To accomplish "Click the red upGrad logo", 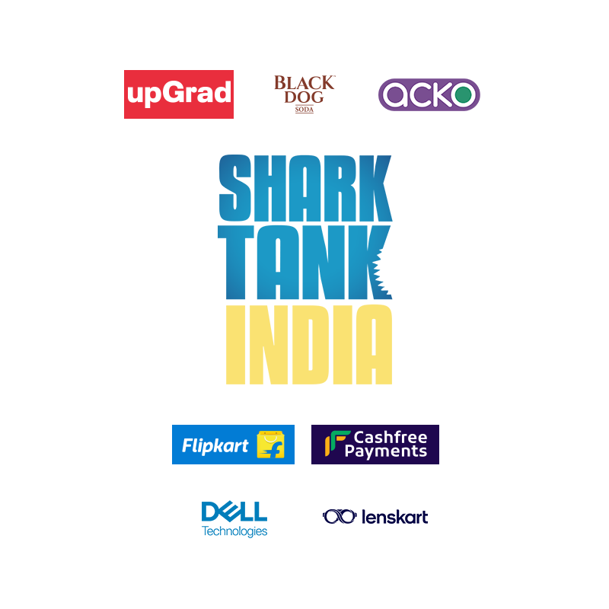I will click(x=179, y=94).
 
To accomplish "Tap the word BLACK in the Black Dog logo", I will click(x=304, y=83).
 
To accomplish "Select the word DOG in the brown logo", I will click(x=304, y=98).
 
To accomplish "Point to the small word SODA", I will click(x=304, y=110).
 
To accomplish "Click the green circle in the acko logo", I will click(x=461, y=95).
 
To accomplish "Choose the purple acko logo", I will click(x=429, y=95).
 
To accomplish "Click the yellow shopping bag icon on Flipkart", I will click(x=270, y=445).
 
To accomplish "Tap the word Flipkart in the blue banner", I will click(x=215, y=446).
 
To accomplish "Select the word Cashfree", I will click(x=390, y=437).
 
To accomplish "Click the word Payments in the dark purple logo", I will click(x=386, y=452).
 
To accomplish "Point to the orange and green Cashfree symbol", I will click(x=334, y=445).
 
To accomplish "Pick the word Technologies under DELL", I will click(x=234, y=531).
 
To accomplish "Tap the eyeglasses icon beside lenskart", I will click(x=340, y=517).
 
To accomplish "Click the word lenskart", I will click(x=394, y=517).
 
